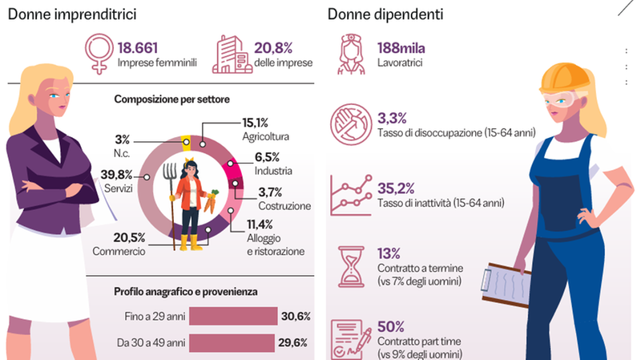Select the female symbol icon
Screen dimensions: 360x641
click(98, 55)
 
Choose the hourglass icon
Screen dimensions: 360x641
click(351, 265)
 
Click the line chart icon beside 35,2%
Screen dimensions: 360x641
click(350, 195)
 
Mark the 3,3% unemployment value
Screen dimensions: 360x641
click(393, 118)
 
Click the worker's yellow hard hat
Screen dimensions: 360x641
click(559, 78)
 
